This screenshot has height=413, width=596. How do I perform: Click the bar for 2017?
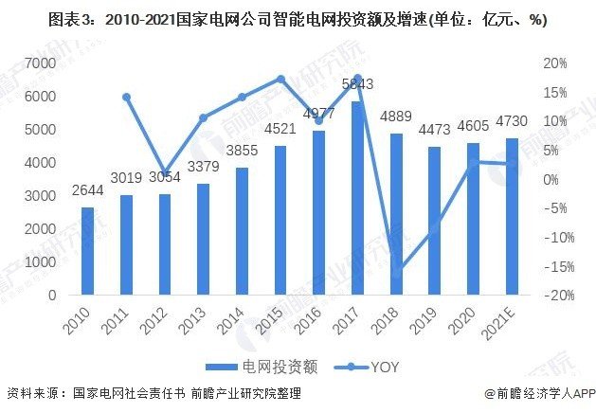pyautogui.click(x=356, y=198)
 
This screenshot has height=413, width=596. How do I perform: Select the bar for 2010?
pyautogui.click(x=87, y=251)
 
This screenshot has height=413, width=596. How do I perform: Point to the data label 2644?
pyautogui.click(x=87, y=189)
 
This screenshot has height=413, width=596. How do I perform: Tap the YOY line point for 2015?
pyautogui.click(x=280, y=79)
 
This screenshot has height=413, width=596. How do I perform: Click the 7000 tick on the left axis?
pyautogui.click(x=39, y=63)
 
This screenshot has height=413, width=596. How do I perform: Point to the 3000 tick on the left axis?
pyautogui.click(x=39, y=196)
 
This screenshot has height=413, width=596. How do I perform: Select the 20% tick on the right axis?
pyautogui.click(x=554, y=63)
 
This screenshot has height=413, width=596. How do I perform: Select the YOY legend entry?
pyautogui.click(x=377, y=366)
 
